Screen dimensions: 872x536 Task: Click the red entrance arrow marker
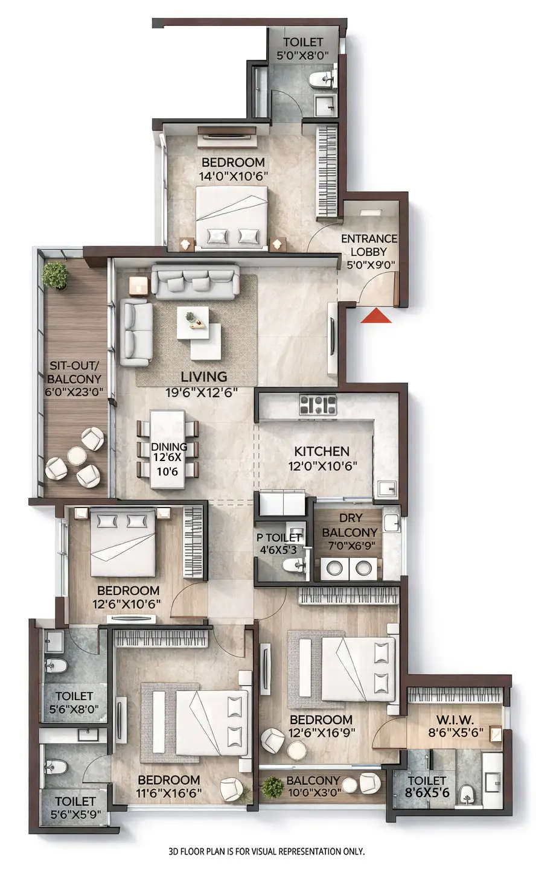(376, 316)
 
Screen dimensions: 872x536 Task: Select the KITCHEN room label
(322, 451)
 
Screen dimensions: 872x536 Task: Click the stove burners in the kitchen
(317, 404)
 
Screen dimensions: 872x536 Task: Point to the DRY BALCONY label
(349, 526)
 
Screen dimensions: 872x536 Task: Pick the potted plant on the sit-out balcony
(55, 275)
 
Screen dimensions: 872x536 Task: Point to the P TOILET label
(279, 538)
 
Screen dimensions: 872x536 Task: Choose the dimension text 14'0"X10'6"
(233, 176)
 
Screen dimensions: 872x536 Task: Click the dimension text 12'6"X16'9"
(321, 733)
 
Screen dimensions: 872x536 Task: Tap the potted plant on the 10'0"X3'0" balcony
(273, 787)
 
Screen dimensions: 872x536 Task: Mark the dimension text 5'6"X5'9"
(75, 814)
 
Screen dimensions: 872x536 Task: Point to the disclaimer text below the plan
(267, 851)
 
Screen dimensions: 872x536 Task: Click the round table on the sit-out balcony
(76, 456)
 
